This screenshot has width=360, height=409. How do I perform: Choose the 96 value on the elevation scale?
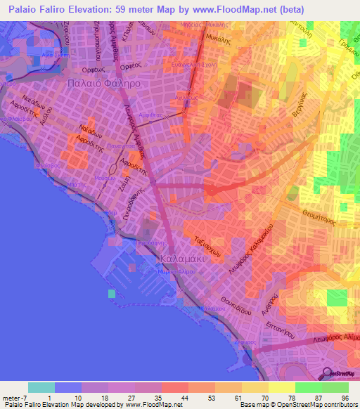pos(345,398)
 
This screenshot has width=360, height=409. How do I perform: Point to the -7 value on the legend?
pos(17,398)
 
